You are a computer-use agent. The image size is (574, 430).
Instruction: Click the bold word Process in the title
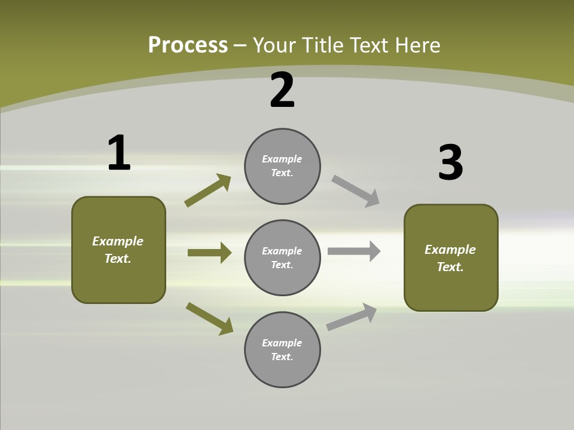(x=188, y=45)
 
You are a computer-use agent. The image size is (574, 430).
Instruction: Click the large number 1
(x=119, y=153)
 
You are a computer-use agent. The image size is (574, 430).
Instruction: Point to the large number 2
(x=282, y=90)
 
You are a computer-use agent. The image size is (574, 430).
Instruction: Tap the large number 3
(x=450, y=163)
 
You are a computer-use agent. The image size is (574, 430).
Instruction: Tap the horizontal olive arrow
(x=209, y=253)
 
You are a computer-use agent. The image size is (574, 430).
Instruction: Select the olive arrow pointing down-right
(x=209, y=318)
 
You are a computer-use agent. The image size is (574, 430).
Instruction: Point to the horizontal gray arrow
(x=354, y=251)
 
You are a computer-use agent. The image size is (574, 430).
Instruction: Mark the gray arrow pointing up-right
(x=352, y=317)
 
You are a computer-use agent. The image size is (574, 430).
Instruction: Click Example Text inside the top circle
(x=282, y=166)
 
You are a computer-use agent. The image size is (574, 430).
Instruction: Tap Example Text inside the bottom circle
(x=282, y=350)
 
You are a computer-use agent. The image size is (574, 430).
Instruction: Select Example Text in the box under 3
(x=450, y=258)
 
